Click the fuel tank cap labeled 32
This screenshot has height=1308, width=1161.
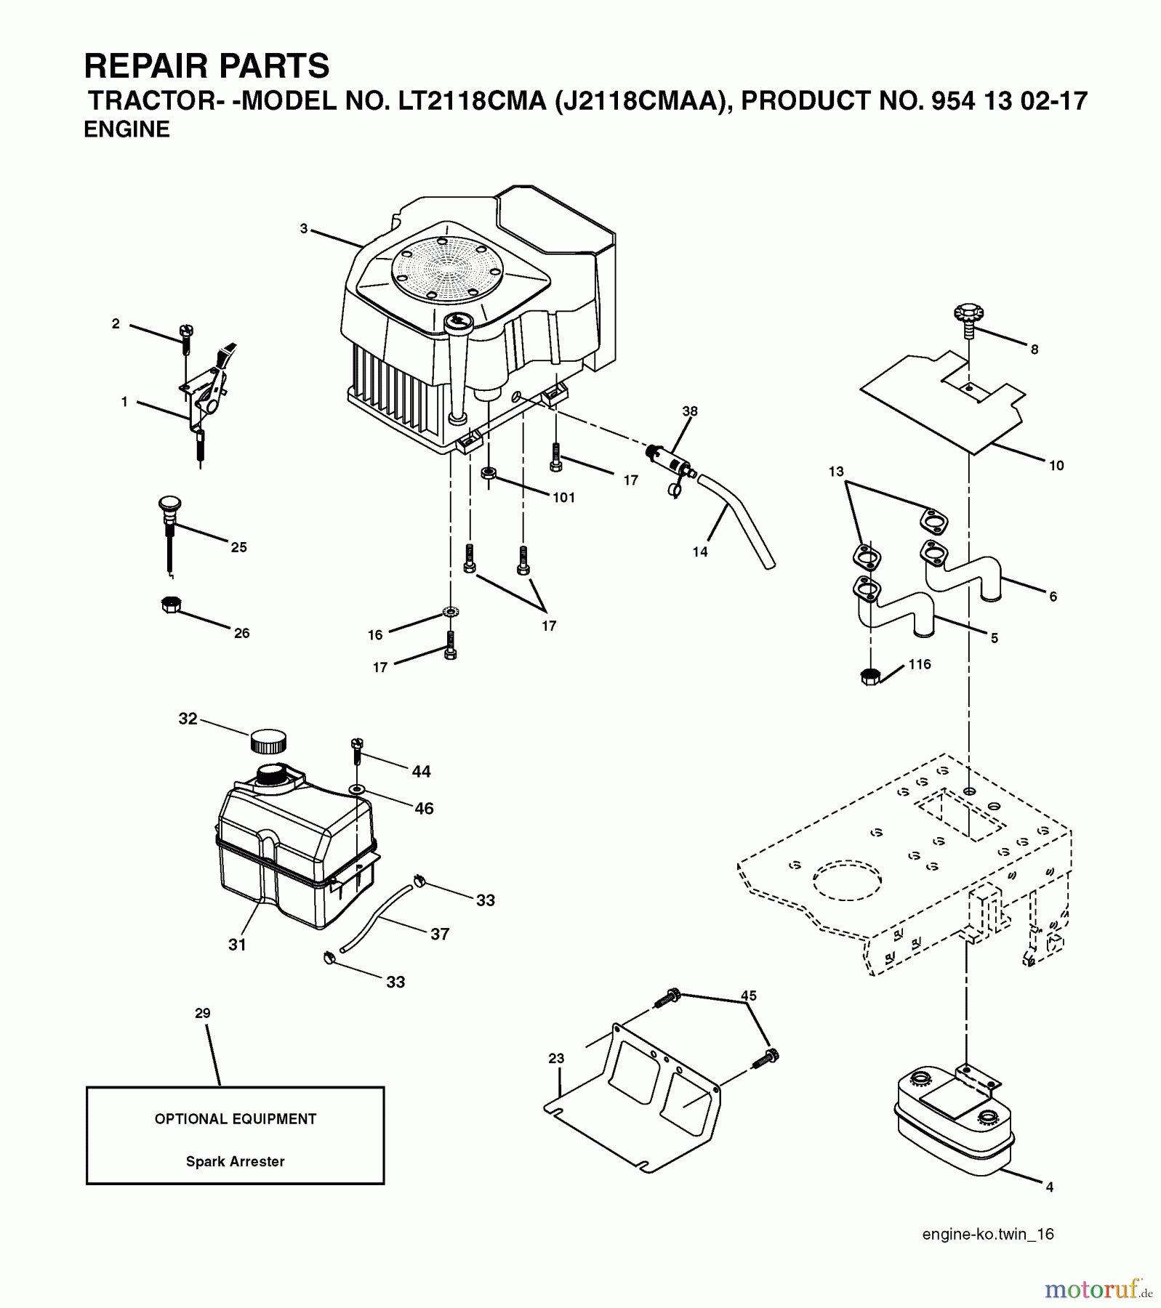pos(268,742)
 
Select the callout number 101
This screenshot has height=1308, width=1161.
pos(563,498)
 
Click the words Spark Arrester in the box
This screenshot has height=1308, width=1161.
pos(235,1161)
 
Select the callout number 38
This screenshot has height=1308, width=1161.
pos(689,411)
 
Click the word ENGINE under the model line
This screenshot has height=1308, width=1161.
pos(127,129)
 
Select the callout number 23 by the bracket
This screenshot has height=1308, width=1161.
pos(556,1058)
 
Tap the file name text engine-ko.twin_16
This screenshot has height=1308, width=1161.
pos(987,1234)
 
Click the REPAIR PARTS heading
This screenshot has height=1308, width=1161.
pos(207,66)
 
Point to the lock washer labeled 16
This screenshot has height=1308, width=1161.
pos(450,613)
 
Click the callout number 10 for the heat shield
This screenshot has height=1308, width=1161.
pos(1056,466)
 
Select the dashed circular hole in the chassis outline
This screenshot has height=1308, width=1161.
pos(847,884)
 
